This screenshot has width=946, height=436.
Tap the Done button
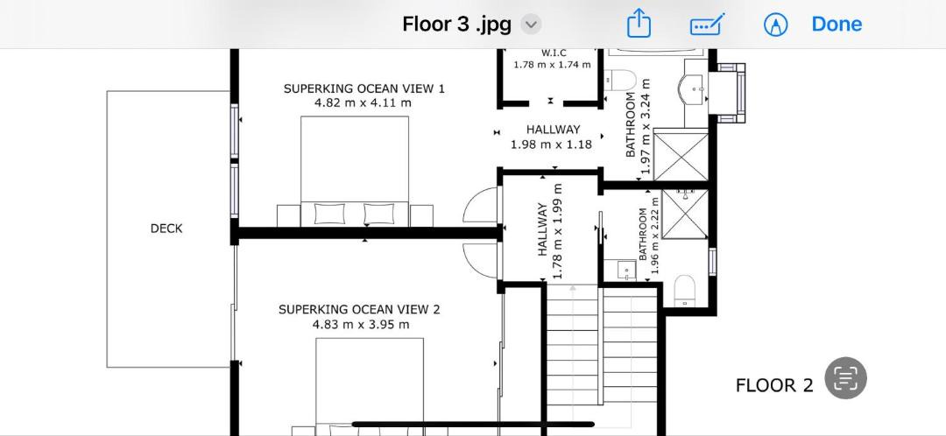click(x=837, y=25)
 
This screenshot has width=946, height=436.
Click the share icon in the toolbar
click(x=639, y=25)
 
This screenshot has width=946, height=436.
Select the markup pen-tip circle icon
click(x=776, y=25)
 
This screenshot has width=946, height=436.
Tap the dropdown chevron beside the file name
click(x=531, y=25)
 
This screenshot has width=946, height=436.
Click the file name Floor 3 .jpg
click(x=456, y=25)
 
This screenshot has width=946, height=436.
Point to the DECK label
click(x=166, y=229)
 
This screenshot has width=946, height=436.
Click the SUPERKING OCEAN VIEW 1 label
click(x=364, y=88)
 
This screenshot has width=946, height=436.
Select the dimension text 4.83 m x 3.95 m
click(x=361, y=325)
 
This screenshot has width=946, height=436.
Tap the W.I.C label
click(x=554, y=53)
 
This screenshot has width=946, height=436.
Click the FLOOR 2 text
click(x=774, y=385)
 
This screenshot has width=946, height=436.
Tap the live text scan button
click(x=845, y=378)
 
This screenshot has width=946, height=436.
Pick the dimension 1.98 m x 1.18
click(x=551, y=144)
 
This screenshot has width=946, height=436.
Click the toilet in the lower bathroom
click(x=684, y=290)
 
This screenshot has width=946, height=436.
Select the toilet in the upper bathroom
click(x=620, y=80)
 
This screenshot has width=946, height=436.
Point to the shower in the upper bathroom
click(x=681, y=157)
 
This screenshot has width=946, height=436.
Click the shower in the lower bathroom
click(x=684, y=214)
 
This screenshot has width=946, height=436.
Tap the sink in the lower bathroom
click(x=626, y=270)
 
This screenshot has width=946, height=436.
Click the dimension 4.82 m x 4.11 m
click(x=364, y=102)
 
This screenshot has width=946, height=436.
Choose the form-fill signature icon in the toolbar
click(x=707, y=25)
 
